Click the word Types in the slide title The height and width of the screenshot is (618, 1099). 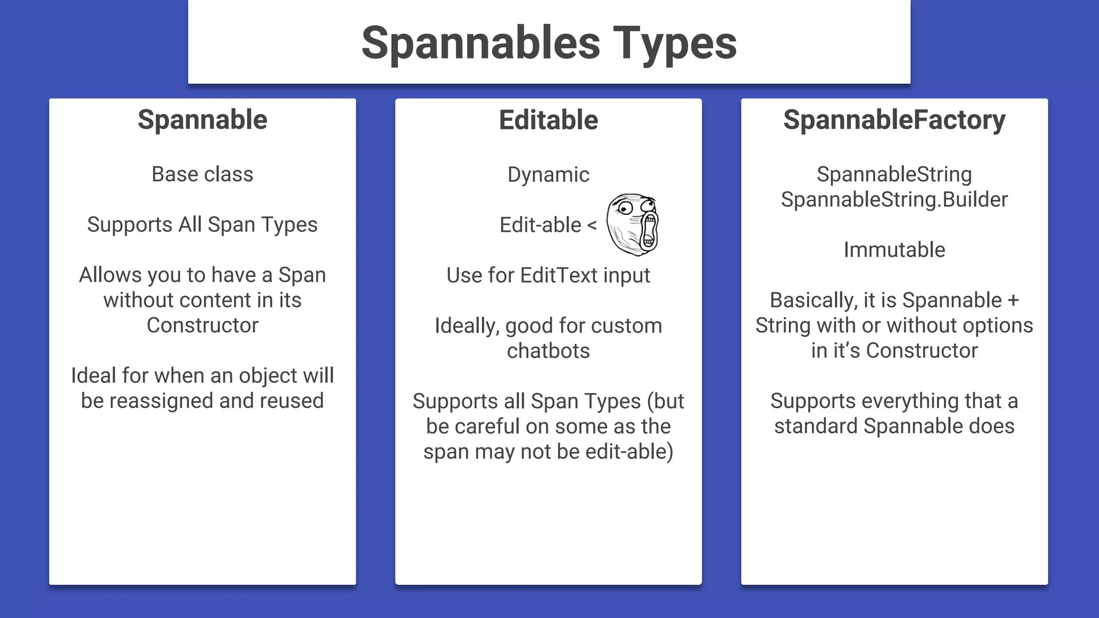(675, 43)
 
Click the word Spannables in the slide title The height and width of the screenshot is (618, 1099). (480, 43)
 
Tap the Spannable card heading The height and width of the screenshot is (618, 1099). (202, 120)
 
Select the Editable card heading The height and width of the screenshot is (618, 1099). (548, 120)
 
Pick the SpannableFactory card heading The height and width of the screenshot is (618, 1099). (894, 120)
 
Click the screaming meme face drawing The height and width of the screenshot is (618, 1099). (632, 224)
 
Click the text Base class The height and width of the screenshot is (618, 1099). (202, 174)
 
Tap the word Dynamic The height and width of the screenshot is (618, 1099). (548, 175)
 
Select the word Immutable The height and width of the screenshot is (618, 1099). (894, 250)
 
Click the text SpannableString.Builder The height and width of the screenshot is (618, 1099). (894, 200)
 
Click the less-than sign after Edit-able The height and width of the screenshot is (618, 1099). (592, 225)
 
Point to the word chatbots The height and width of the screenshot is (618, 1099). (548, 351)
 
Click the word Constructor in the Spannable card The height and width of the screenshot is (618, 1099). (202, 325)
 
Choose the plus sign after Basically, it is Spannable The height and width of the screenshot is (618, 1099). (1013, 300)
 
